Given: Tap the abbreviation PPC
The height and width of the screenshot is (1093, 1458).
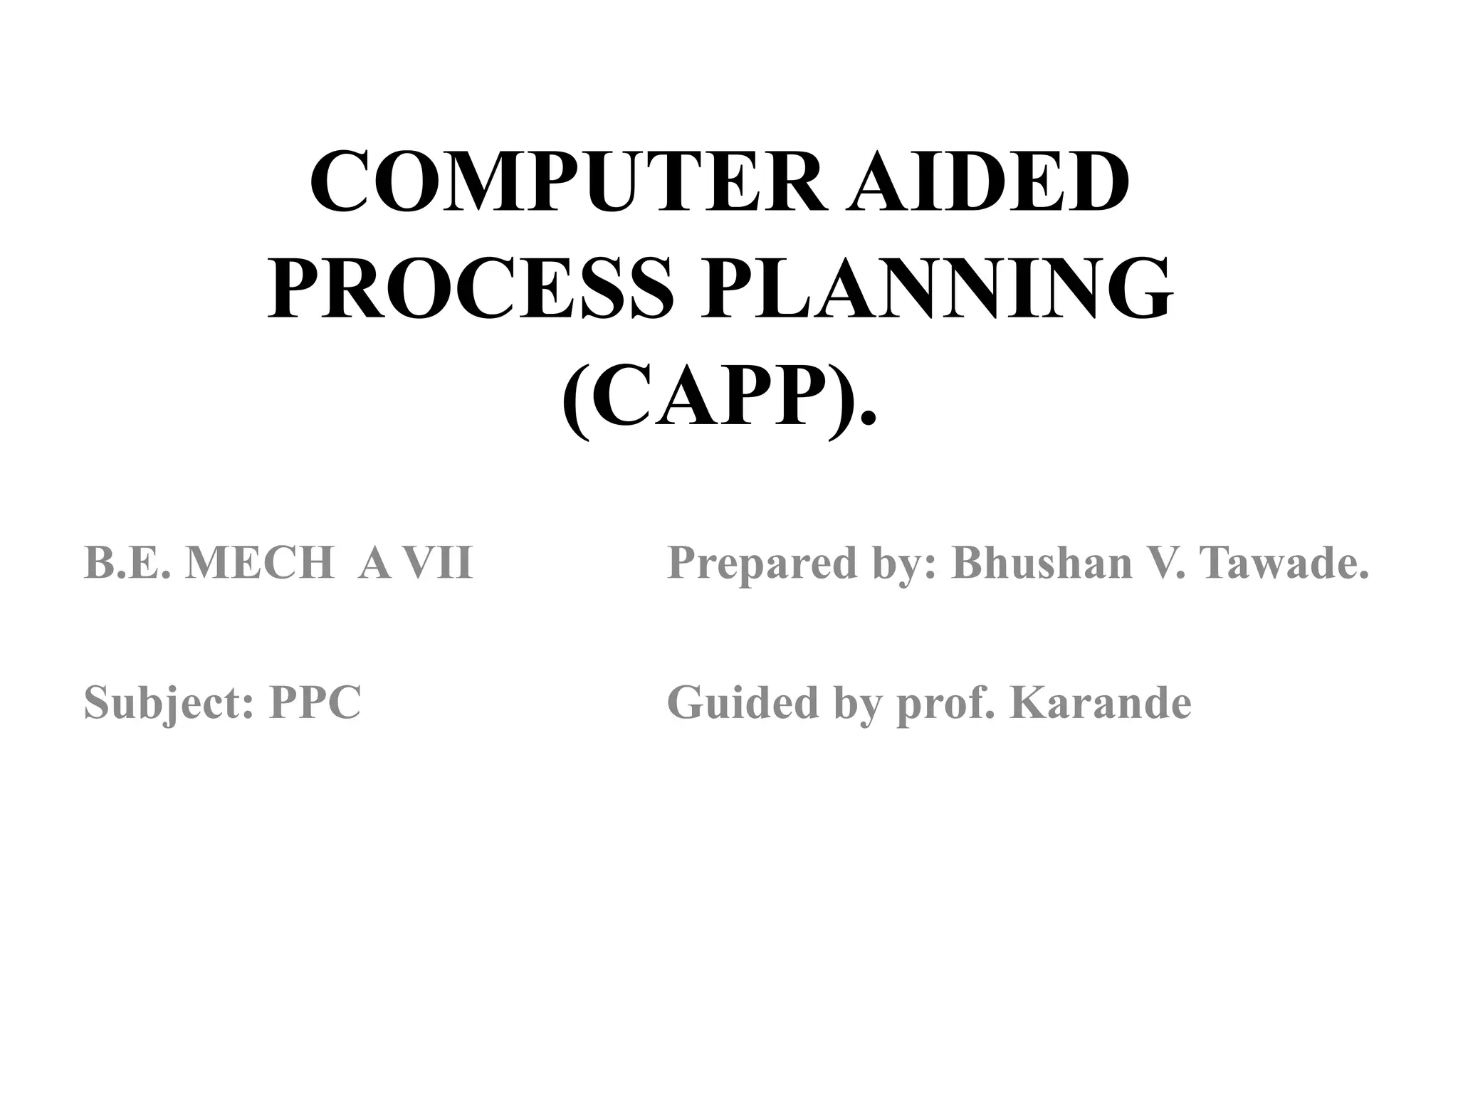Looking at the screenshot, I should coord(315,702).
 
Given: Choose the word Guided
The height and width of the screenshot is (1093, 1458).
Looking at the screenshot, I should coord(742,702).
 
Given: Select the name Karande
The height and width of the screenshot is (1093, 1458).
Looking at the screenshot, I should coord(1100,702).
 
